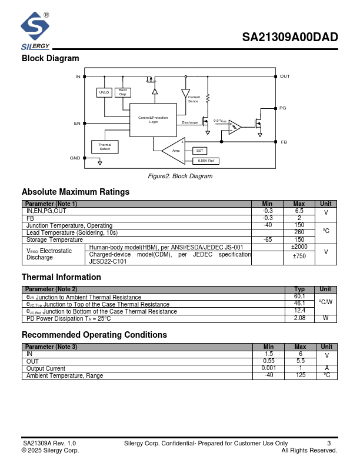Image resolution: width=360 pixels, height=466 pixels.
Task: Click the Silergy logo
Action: pyautogui.click(x=35, y=32)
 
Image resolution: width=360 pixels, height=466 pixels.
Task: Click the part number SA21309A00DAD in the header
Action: pyautogui.click(x=290, y=38)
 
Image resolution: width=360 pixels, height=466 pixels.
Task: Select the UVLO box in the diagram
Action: pyautogui.click(x=104, y=92)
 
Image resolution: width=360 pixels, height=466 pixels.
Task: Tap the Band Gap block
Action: pyautogui.click(x=123, y=92)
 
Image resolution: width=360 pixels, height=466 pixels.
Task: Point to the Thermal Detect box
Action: pyautogui.click(x=105, y=147)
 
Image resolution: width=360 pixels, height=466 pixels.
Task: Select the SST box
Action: pyautogui.click(x=199, y=151)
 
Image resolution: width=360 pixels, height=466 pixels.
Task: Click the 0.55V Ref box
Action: pyautogui.click(x=205, y=161)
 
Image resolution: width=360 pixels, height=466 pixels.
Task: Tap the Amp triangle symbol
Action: pyautogui.click(x=174, y=151)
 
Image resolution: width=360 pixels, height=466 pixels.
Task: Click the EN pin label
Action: pyautogui.click(x=77, y=123)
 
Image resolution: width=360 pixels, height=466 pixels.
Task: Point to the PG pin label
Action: pyautogui.click(x=282, y=108)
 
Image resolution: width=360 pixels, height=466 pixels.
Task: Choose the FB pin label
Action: pyautogui.click(x=284, y=142)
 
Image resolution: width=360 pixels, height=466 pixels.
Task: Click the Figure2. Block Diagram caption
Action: pyautogui.click(x=180, y=176)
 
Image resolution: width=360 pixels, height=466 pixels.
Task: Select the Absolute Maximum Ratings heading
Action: pyautogui.click(x=75, y=192)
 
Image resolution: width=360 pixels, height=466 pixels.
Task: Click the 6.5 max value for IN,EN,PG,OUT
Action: pyautogui.click(x=299, y=211)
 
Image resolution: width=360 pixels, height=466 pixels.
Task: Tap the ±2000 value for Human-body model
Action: pyautogui.click(x=299, y=247)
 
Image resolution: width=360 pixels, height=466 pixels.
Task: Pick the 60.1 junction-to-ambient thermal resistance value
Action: pyautogui.click(x=299, y=297)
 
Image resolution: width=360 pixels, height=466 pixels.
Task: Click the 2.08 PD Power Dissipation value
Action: pyautogui.click(x=299, y=318)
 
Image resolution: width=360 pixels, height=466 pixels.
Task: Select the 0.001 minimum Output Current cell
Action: pyautogui.click(x=268, y=368)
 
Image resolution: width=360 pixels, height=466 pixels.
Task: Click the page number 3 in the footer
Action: pyautogui.click(x=329, y=443)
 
